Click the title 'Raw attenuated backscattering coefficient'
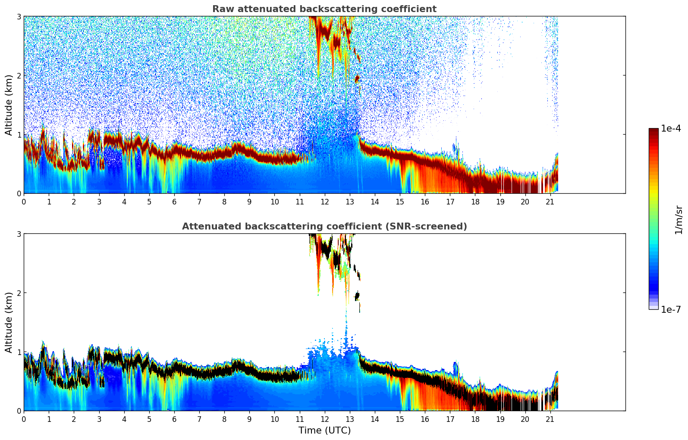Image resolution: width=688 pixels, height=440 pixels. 324,9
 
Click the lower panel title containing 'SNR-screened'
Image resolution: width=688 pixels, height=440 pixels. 324,226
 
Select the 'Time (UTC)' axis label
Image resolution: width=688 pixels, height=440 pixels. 324,430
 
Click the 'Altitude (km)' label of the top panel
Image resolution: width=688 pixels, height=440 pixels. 9,105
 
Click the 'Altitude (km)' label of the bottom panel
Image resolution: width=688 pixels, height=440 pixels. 9,322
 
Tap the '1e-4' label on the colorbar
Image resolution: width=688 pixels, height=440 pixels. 671,129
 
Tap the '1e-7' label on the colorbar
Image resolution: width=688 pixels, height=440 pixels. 671,309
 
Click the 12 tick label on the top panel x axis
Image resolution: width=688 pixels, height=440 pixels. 324,201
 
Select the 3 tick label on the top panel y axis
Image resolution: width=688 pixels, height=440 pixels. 19,16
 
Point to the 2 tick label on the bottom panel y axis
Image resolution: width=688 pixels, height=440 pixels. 19,293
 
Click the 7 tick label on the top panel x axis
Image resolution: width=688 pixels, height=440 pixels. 199,201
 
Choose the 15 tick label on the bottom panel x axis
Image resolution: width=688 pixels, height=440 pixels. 400,419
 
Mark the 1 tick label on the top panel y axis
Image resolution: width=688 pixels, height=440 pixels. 19,135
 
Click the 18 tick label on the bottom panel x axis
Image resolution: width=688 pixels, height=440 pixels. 475,419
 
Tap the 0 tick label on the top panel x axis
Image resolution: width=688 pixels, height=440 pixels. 24,201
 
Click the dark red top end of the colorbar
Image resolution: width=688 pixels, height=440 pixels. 653,130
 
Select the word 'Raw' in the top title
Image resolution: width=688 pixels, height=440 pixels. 221,9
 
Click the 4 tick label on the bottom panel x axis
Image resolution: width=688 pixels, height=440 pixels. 124,419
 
